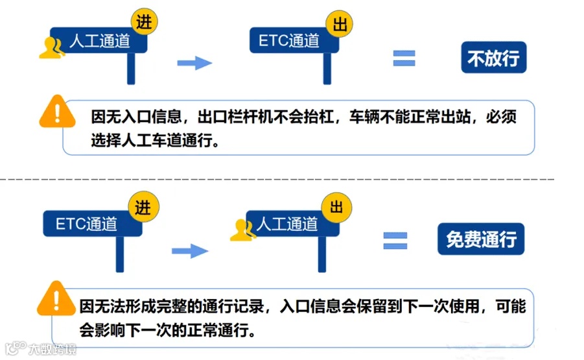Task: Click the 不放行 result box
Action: coord(494,59)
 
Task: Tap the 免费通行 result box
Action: coord(480,240)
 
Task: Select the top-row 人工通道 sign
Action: coord(99,42)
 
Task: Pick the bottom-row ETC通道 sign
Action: coord(87,224)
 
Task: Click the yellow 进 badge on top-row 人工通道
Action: coord(144,22)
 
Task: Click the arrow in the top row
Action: coord(194,63)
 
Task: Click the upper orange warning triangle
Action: coord(58,112)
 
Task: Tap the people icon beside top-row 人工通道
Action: coord(52,47)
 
